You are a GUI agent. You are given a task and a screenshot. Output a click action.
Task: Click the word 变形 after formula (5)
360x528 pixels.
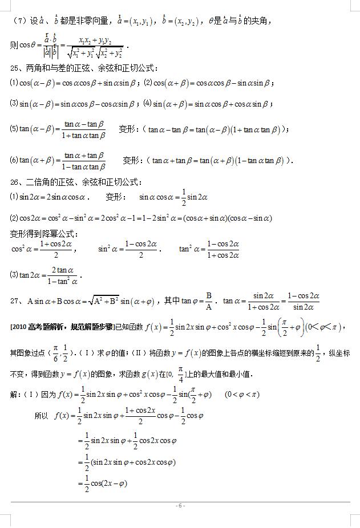(126, 129)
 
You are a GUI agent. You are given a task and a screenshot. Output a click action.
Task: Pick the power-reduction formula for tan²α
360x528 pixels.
(209, 249)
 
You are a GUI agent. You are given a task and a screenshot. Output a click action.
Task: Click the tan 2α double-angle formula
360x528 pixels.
(46, 275)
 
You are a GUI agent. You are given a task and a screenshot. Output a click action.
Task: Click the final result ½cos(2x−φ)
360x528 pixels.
(106, 483)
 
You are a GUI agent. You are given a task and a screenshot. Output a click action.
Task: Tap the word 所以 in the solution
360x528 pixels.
(41, 416)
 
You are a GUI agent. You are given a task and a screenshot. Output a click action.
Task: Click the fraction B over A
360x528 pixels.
(209, 300)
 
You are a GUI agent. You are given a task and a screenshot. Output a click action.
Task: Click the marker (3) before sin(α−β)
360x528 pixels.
(14, 104)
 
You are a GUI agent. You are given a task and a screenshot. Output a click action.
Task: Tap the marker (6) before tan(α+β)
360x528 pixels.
(14, 160)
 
